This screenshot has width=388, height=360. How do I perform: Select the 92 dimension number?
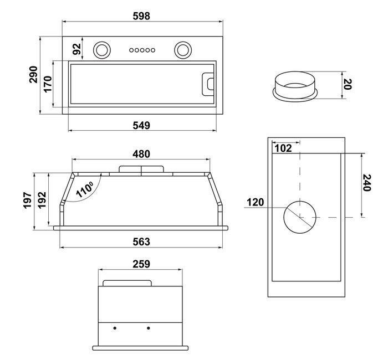(x=77, y=48)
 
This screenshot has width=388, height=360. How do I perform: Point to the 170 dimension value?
(x=48, y=84)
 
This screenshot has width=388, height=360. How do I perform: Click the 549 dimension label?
(x=141, y=126)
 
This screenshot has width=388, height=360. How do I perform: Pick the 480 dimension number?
(x=141, y=153)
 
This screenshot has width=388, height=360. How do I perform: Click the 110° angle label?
(x=84, y=189)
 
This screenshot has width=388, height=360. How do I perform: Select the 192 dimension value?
(x=42, y=200)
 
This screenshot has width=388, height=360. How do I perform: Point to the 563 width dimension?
(x=141, y=241)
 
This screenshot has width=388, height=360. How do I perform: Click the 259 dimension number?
(x=141, y=264)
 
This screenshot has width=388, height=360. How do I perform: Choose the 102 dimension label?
(x=283, y=148)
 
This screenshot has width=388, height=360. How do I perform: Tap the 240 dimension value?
(x=366, y=183)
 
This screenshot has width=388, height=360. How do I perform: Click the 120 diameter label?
(x=256, y=202)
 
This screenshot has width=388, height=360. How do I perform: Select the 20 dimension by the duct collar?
(x=348, y=84)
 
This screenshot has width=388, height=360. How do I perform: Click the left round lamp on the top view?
(x=102, y=49)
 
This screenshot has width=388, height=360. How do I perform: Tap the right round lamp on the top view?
(x=182, y=49)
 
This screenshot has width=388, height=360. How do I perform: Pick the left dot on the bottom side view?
(x=115, y=328)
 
